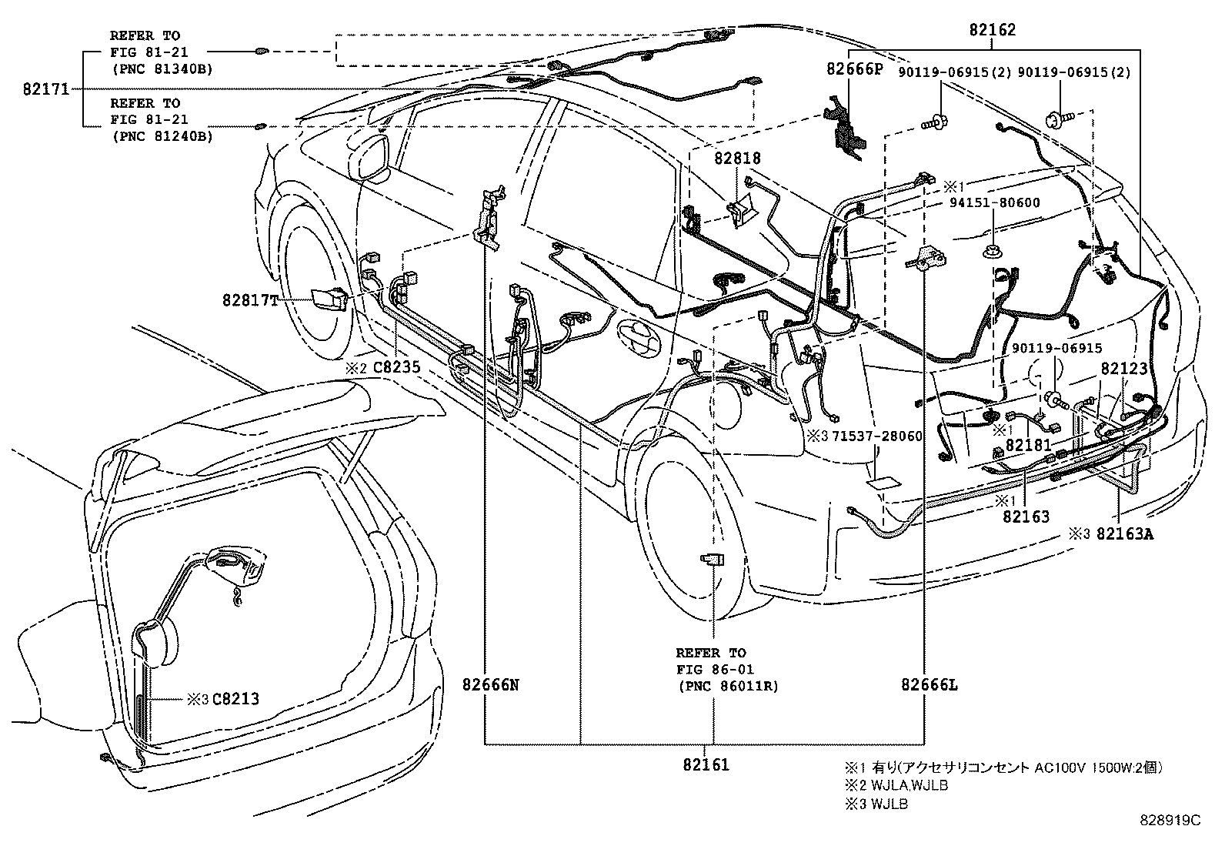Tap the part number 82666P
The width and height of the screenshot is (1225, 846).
coord(854,69)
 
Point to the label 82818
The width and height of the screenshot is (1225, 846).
coord(737,159)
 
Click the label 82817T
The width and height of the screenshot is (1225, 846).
coord(251,301)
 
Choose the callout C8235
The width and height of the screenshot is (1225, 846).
coord(396,367)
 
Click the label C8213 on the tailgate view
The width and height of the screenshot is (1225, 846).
coord(235,699)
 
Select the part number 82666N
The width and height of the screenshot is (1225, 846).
coord(491,684)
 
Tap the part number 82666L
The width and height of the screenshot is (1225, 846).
coord(930,684)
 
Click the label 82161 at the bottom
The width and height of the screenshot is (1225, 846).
coord(705,764)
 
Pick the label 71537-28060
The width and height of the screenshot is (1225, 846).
coord(876,436)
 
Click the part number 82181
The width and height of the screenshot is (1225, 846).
coord(1029,445)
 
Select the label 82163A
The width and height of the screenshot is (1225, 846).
coord(1124,533)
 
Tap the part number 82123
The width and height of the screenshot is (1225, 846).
coord(1124,369)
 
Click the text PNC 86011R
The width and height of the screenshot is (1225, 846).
coord(728,685)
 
